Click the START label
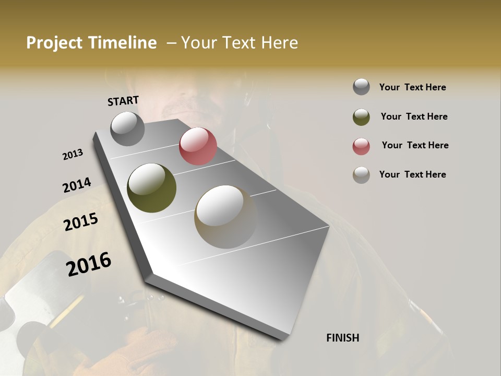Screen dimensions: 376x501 123,100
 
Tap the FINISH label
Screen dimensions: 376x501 342,338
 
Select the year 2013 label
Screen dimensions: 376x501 73,155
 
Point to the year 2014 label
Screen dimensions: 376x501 77,185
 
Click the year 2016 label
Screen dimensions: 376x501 89,264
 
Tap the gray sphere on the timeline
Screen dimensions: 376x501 127,128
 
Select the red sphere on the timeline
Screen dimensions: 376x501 198,146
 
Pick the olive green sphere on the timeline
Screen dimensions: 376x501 151,188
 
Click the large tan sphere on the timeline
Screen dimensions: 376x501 225,217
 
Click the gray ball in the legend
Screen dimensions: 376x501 361,87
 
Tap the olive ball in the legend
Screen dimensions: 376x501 361,117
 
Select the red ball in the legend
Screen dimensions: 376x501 361,146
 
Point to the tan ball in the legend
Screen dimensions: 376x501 361,175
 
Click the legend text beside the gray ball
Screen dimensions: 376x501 412,87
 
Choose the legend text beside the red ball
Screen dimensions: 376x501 415,145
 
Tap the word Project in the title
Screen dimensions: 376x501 54,43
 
